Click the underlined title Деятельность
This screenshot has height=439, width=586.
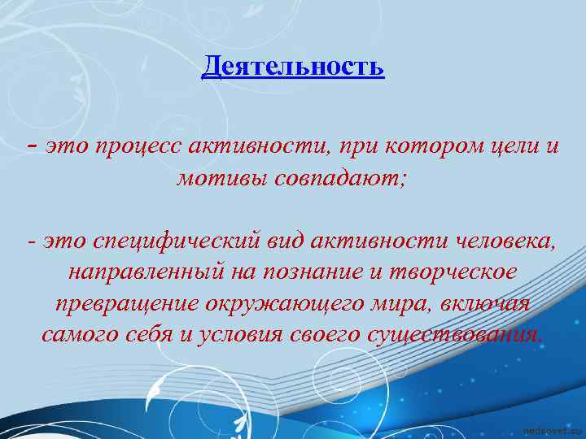[293, 66]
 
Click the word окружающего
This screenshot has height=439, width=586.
[295, 303]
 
